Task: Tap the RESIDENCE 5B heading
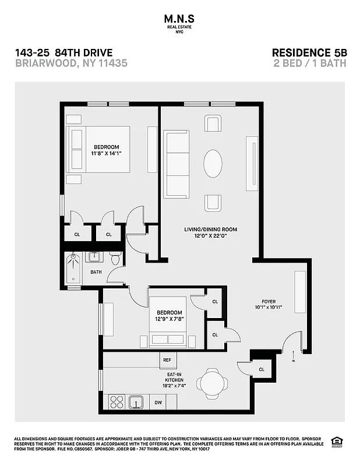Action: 309,52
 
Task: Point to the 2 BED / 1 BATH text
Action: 310,63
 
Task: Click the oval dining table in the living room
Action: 212,164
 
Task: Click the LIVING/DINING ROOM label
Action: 211,230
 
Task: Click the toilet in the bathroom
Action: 115,257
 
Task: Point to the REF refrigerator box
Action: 167,361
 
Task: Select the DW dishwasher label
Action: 158,402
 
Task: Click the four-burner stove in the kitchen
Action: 117,402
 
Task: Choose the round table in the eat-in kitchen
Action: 212,383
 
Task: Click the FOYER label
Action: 269,301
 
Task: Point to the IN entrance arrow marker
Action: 293,355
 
